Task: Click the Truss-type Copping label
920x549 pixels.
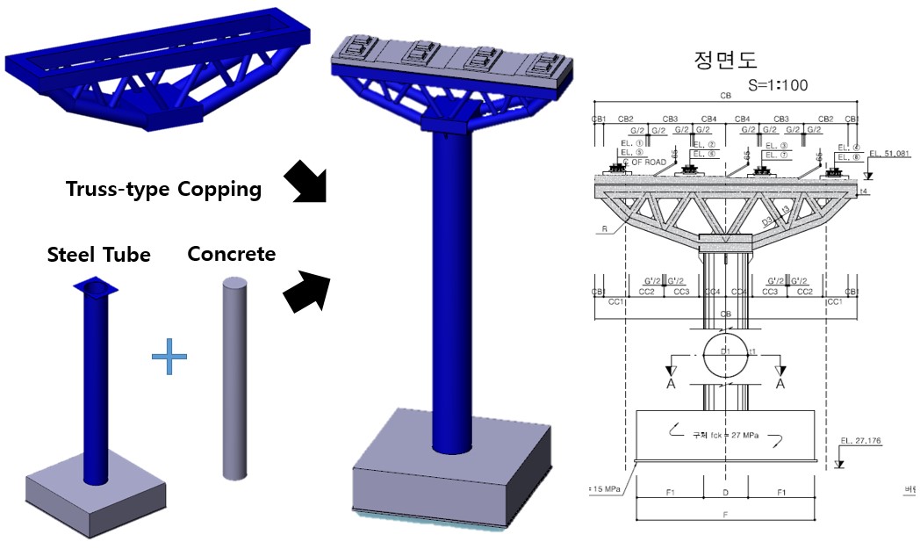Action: pos(164,189)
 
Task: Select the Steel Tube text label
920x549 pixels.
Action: pos(99,255)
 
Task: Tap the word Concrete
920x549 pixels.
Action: pos(232,254)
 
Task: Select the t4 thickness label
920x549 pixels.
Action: pos(865,191)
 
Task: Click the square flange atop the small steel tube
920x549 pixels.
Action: pos(96,287)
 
